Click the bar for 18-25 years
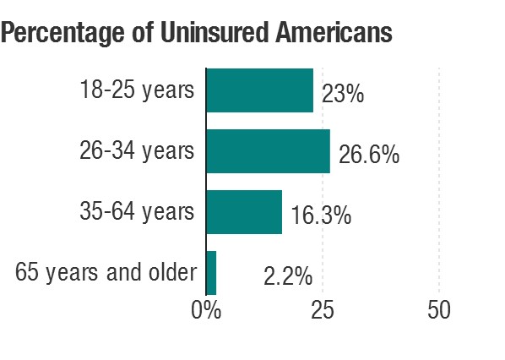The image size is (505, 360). click(x=260, y=90)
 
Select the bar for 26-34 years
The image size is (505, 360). click(x=269, y=151)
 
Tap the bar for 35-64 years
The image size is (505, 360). click(x=244, y=212)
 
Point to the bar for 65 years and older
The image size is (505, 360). click(x=212, y=273)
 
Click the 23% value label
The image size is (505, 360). click(x=343, y=94)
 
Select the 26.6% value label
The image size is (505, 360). click(x=369, y=155)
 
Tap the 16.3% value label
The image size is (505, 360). click(x=321, y=215)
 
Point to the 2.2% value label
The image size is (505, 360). click(x=288, y=276)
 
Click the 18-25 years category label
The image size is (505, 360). click(x=137, y=90)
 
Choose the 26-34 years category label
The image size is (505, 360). click(x=137, y=151)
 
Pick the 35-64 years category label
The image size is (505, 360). click(x=137, y=212)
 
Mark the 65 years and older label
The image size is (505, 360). click(x=106, y=273)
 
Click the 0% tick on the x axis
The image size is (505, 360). click(x=206, y=310)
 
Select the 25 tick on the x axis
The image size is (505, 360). click(x=323, y=310)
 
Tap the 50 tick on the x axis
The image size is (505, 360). click(x=439, y=310)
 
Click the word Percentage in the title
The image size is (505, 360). click(x=62, y=34)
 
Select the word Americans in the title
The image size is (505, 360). click(x=334, y=32)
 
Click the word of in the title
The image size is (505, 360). click(x=143, y=32)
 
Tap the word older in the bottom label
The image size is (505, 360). click(x=172, y=272)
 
